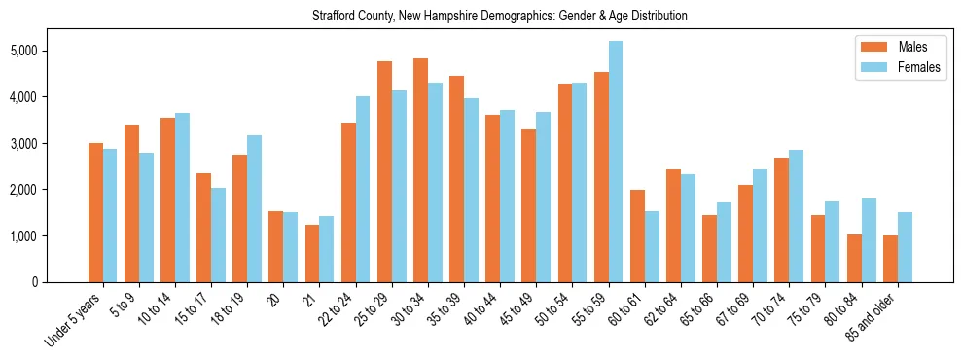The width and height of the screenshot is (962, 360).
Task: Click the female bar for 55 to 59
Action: coord(616,162)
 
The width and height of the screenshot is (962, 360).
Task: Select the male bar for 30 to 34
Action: coord(421,170)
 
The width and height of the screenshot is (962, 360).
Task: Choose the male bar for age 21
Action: coord(313,254)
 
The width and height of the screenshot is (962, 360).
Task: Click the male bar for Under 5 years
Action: coord(96,212)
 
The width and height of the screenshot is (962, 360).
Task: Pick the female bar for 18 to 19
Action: coord(255,209)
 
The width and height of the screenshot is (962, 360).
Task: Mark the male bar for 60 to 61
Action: coord(637,236)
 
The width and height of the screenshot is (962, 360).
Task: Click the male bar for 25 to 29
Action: coord(385,172)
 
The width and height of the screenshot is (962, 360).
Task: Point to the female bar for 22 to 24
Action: coord(363,190)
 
